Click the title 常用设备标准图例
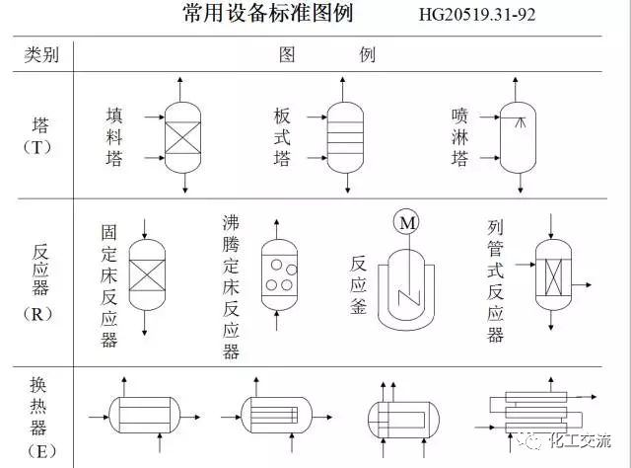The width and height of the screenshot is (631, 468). [267, 15]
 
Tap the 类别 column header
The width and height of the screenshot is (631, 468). [40, 54]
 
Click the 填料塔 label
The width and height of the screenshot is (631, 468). [114, 136]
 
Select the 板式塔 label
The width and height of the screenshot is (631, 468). [283, 136]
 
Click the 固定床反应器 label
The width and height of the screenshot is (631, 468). [109, 285]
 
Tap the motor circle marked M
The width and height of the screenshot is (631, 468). [407, 223]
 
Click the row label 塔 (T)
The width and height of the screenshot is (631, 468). [41, 136]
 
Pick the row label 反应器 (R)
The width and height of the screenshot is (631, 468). [41, 279]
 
